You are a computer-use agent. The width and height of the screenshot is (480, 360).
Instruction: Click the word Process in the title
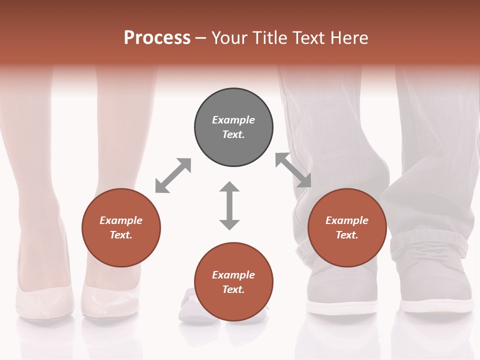point(157,38)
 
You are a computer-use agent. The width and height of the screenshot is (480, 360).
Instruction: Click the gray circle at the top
point(233,127)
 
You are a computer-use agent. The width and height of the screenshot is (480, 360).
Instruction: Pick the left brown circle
point(121,227)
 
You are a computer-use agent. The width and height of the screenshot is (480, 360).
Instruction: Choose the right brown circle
point(347,227)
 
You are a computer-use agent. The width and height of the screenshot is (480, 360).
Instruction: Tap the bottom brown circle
point(233,282)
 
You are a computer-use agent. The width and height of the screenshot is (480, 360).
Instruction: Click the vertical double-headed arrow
point(229,205)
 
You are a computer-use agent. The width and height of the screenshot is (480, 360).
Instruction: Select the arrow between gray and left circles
point(173,175)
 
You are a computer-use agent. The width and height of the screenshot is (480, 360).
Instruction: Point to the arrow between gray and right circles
point(293,170)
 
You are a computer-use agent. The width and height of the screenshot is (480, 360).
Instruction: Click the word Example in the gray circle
point(233,120)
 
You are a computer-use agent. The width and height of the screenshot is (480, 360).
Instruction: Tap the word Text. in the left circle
point(121,235)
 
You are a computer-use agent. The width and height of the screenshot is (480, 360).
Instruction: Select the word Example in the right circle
point(347,220)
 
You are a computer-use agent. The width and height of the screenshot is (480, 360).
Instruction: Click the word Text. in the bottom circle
point(233,289)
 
